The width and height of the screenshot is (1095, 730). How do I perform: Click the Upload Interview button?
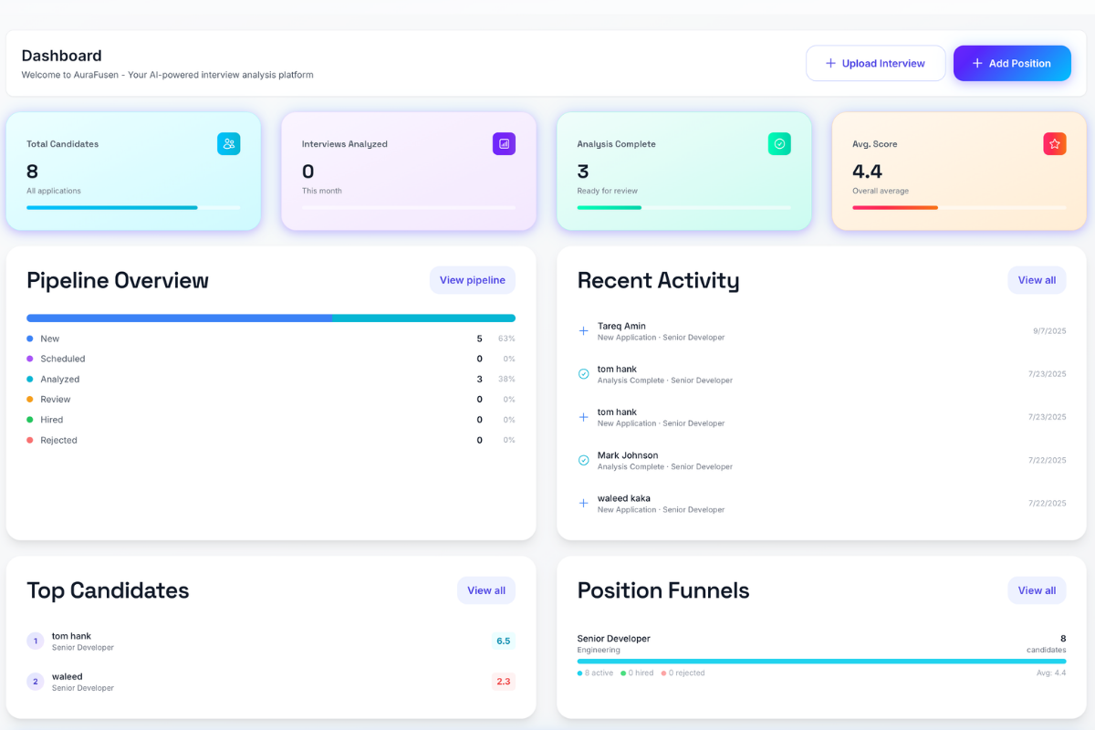click(875, 64)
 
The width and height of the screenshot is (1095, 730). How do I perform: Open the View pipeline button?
click(472, 280)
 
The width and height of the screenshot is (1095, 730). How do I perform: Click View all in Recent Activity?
click(1037, 280)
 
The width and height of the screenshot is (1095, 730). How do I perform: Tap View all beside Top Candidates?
click(485, 590)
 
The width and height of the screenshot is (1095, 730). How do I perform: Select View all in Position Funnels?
click(1037, 590)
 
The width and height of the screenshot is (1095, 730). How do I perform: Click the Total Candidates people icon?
click(229, 144)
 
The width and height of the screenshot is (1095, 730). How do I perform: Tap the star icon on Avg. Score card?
click(1054, 144)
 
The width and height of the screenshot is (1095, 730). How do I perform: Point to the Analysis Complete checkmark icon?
click(779, 144)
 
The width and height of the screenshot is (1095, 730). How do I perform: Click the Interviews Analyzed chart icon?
click(504, 144)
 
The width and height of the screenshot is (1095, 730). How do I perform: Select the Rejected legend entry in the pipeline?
click(58, 441)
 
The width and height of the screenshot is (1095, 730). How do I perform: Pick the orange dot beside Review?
click(30, 400)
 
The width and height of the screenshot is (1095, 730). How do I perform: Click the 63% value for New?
click(506, 339)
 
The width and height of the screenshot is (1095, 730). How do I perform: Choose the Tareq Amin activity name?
click(621, 326)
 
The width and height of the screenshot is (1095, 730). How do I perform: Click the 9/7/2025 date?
click(1049, 331)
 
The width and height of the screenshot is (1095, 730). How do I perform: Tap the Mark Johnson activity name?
click(628, 455)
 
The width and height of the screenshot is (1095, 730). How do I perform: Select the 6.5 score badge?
click(503, 641)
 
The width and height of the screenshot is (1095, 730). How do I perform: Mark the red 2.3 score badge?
click(503, 682)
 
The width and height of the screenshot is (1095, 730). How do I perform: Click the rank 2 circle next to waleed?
click(36, 682)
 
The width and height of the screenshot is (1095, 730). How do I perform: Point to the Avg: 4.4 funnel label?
click(1049, 673)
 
